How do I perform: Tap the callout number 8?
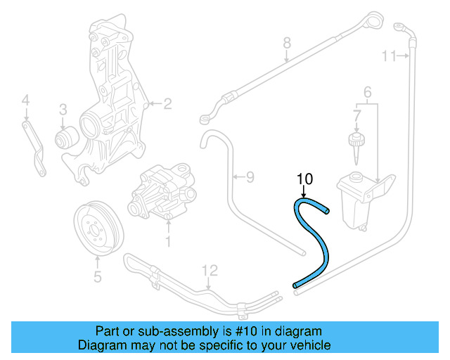pos(286,44)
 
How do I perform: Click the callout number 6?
pos(366,92)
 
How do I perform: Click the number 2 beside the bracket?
pos(167,105)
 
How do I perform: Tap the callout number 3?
pos(63,109)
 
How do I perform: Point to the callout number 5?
pos(97,276)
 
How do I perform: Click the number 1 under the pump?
pos(168,243)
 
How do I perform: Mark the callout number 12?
pos(210,270)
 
